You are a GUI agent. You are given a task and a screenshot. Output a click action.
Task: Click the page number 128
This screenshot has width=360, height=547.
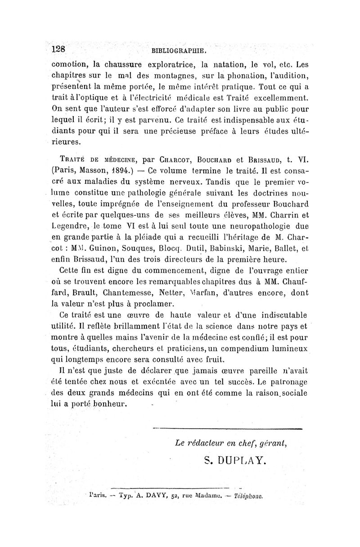[x=59, y=49]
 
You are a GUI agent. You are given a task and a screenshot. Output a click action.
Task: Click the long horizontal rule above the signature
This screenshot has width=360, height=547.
[x=227, y=429]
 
